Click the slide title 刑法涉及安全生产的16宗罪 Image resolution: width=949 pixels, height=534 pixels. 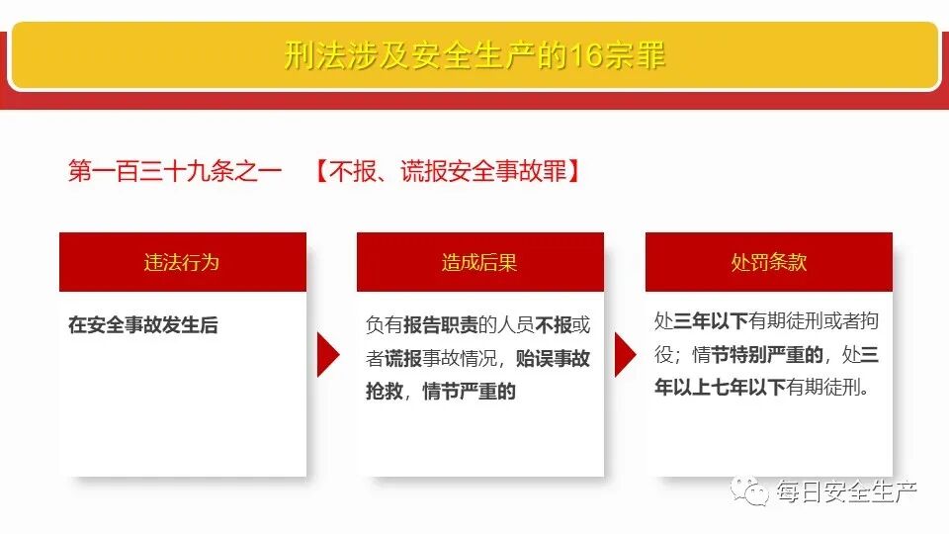click(x=474, y=55)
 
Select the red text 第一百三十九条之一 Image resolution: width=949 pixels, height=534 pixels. click(x=175, y=171)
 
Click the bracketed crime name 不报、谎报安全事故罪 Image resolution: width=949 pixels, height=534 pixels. click(x=448, y=171)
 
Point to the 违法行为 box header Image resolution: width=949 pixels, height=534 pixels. click(x=182, y=262)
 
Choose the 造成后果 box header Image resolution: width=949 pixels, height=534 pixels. click(x=479, y=262)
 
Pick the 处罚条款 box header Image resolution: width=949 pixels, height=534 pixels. click(x=768, y=262)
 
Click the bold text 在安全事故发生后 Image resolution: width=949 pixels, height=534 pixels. click(x=143, y=324)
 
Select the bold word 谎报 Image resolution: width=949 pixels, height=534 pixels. click(x=403, y=358)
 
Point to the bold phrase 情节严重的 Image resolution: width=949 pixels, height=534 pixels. click(x=470, y=392)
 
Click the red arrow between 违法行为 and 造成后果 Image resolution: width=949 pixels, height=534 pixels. click(x=327, y=354)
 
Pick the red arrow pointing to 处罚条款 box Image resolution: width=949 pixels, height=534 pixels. click(x=625, y=354)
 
